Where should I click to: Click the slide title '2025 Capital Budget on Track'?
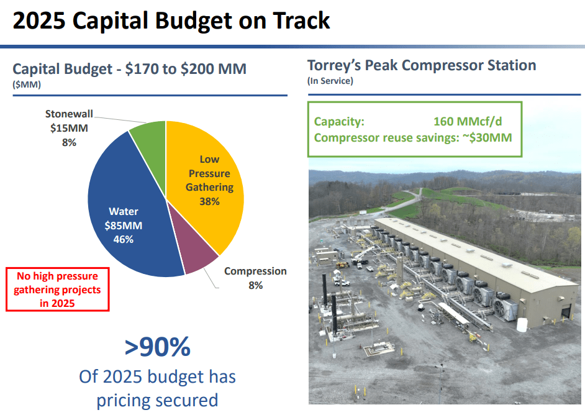click(x=171, y=21)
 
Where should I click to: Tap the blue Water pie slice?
click(x=124, y=205)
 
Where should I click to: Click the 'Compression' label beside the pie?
click(x=255, y=271)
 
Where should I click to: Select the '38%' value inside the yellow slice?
click(x=209, y=201)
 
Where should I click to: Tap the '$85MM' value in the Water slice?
click(x=124, y=225)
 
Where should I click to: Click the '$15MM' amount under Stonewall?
click(x=69, y=129)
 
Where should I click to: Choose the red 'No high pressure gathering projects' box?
click(x=57, y=289)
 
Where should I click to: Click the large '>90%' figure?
click(x=157, y=348)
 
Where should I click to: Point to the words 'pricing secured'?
click(x=157, y=399)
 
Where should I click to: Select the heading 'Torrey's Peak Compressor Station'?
click(x=422, y=65)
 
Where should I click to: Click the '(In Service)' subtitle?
click(x=330, y=81)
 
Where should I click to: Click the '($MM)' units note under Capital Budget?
click(x=27, y=85)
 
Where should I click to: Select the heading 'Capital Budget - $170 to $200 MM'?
click(x=129, y=69)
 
